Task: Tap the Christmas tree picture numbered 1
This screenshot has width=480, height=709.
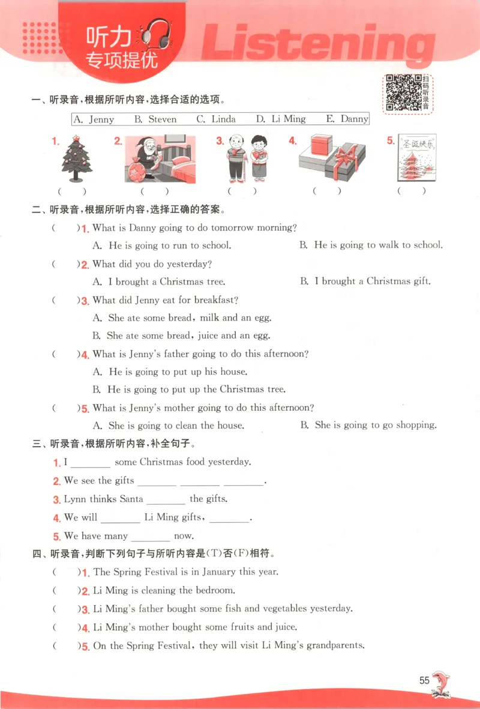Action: (76, 159)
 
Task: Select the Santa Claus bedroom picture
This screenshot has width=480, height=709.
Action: (160, 159)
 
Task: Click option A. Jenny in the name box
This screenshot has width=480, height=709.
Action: (94, 119)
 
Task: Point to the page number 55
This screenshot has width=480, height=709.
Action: (425, 681)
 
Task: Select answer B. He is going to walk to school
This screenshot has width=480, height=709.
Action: (371, 245)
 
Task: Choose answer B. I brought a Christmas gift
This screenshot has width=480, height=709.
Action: (365, 281)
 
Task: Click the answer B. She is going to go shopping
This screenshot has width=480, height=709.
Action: (368, 425)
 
